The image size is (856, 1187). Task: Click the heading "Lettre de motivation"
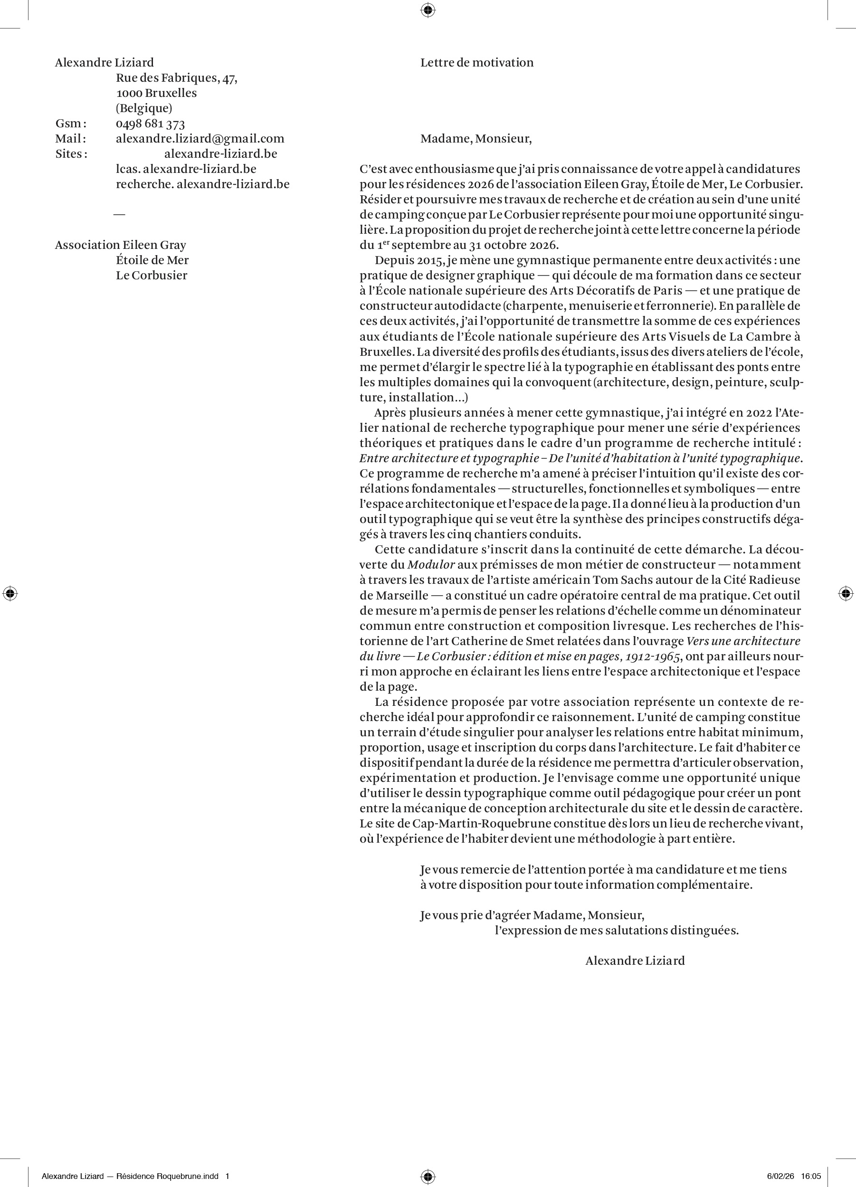pyautogui.click(x=476, y=63)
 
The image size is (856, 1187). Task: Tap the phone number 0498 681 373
pyautogui.click(x=150, y=124)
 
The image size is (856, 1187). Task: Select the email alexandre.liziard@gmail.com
pyautogui.click(x=200, y=139)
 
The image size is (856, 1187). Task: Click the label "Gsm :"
pyautogui.click(x=71, y=124)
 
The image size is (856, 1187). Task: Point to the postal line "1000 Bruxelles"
pyautogui.click(x=157, y=93)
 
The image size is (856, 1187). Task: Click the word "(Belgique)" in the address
pyautogui.click(x=144, y=108)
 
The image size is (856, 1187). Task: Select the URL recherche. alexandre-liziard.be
pyautogui.click(x=203, y=185)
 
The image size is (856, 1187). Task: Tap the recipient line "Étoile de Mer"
pyautogui.click(x=152, y=261)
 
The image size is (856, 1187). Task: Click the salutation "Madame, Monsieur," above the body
pyautogui.click(x=476, y=139)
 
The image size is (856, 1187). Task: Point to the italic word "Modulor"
pyautogui.click(x=431, y=565)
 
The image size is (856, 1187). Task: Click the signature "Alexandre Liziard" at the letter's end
pyautogui.click(x=635, y=961)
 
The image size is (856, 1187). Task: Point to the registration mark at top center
pyautogui.click(x=428, y=10)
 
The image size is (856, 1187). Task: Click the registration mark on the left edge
pyautogui.click(x=10, y=594)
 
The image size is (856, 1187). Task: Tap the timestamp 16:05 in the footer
pyautogui.click(x=811, y=1177)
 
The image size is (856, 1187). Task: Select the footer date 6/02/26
pyautogui.click(x=779, y=1177)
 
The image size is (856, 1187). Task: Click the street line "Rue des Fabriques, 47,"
pyautogui.click(x=176, y=78)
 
